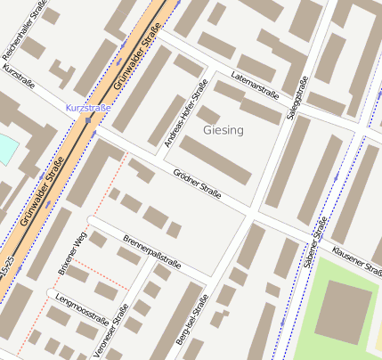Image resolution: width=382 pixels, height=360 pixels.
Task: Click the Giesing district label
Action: [224, 131]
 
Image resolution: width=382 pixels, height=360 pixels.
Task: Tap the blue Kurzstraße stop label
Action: [87, 108]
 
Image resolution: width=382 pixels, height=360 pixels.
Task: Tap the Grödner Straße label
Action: [197, 182]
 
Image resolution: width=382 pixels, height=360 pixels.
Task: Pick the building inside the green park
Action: [342, 311]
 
